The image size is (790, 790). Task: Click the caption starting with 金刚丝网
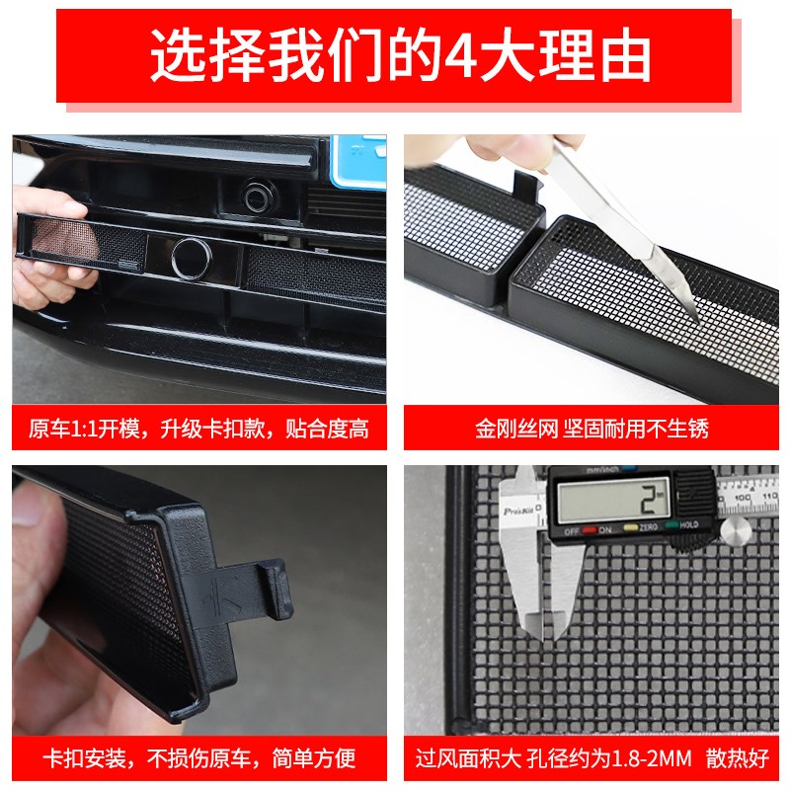tap(592, 429)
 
